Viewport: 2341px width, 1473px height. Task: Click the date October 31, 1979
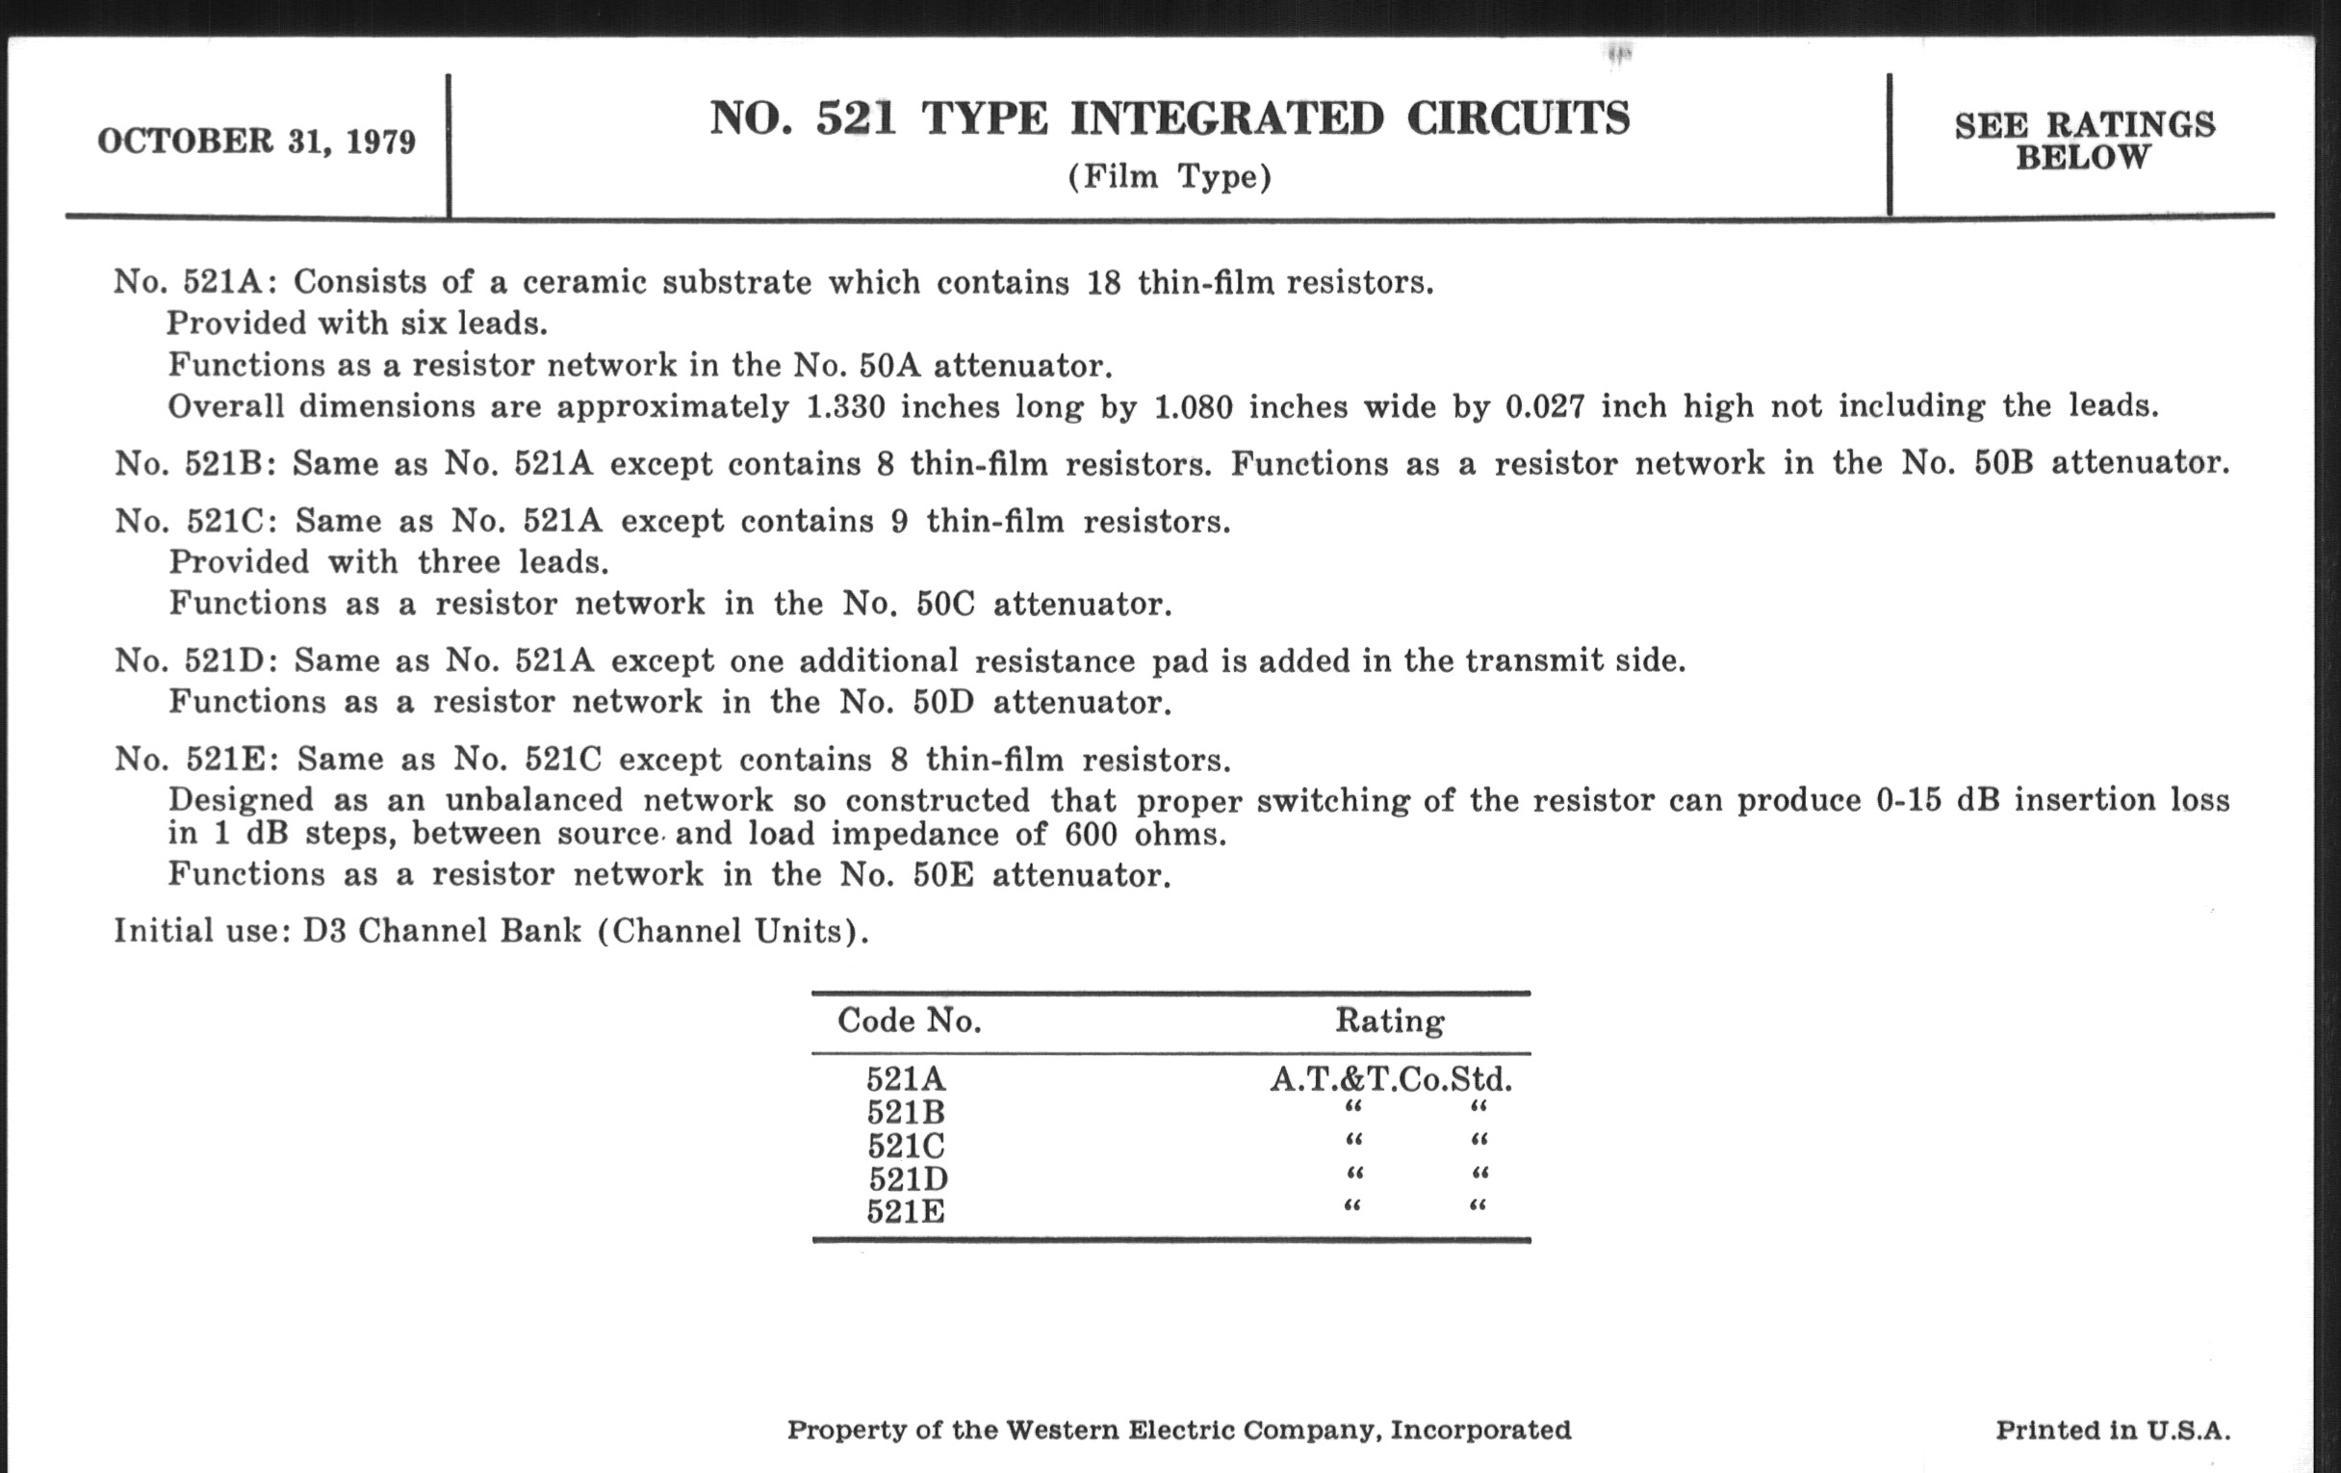point(257,142)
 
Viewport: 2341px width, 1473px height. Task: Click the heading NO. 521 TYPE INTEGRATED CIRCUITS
point(1169,118)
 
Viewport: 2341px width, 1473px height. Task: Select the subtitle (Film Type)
point(1170,177)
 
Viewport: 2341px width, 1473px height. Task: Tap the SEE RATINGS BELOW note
point(2084,141)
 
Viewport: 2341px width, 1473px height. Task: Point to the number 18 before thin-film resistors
point(1103,283)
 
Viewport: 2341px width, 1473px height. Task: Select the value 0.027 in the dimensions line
point(1545,405)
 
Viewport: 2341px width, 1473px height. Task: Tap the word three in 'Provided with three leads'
point(458,562)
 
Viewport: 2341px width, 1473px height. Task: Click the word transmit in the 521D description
point(1523,661)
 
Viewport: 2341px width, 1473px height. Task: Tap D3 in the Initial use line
point(322,931)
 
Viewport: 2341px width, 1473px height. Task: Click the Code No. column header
point(909,1021)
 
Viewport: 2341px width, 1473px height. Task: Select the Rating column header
point(1389,1021)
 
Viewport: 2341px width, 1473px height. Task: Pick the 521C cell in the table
point(906,1146)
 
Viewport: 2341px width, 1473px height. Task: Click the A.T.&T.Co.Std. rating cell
point(1390,1079)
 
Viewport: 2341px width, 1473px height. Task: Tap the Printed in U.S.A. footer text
point(2113,1431)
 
